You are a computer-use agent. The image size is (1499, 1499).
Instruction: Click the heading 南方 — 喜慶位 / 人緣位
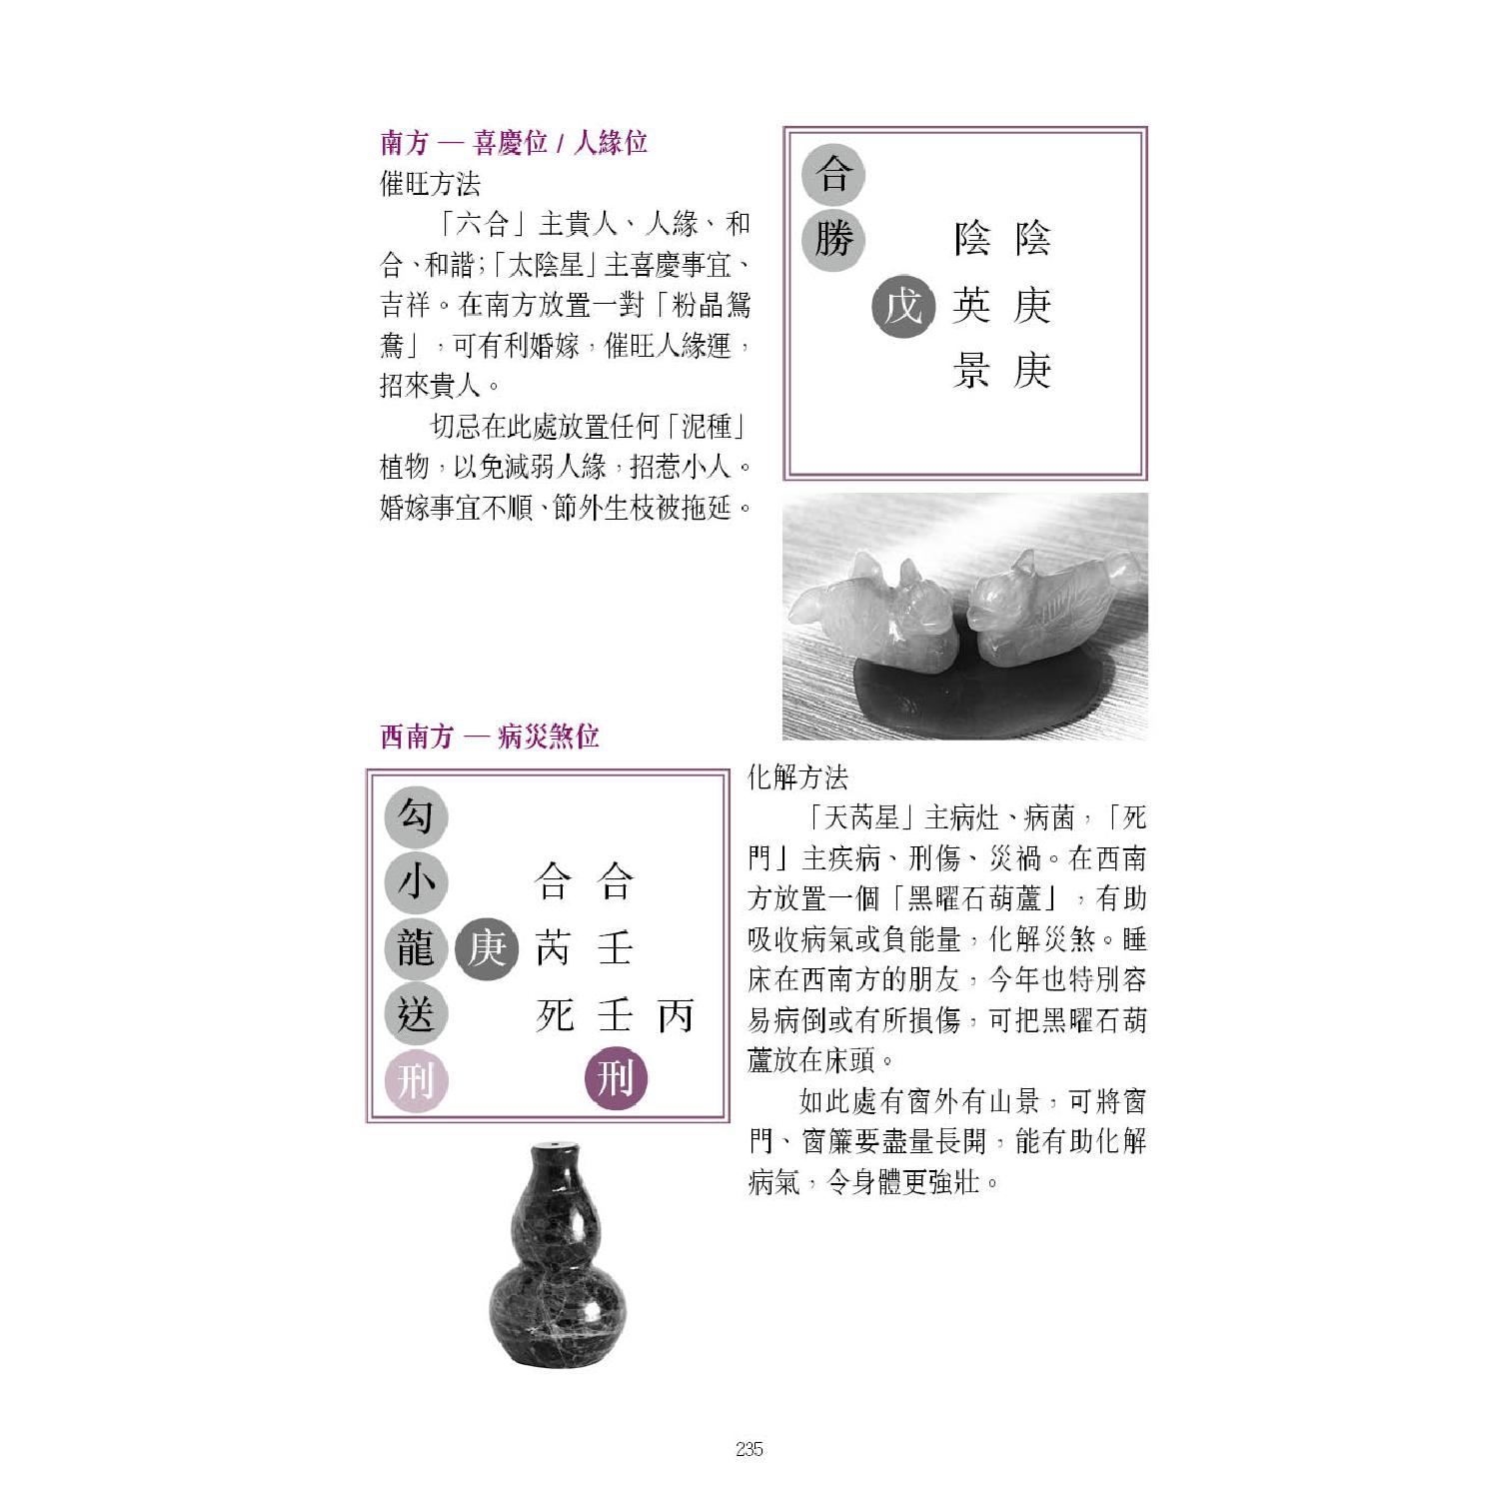coord(514,143)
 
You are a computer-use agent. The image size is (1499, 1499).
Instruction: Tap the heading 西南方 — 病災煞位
coord(490,738)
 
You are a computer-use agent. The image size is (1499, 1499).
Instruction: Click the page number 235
coord(749,1449)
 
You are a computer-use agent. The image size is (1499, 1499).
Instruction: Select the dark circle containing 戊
coord(903,306)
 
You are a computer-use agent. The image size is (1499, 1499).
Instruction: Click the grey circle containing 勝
coord(833,240)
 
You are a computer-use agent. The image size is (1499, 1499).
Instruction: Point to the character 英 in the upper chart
coord(971,306)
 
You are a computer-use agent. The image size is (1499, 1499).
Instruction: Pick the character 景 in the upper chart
coord(971,371)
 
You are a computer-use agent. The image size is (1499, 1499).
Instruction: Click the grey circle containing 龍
coord(416,948)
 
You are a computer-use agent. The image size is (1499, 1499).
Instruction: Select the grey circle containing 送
coord(416,1014)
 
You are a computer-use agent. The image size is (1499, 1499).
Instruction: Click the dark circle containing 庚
coord(487,948)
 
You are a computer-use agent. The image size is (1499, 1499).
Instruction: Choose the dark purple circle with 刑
coord(615,1079)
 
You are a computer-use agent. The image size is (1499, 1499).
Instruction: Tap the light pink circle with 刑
coord(416,1080)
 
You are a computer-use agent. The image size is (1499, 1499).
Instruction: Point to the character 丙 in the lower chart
coord(676,1014)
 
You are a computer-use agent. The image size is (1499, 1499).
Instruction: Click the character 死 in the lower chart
coord(555,1014)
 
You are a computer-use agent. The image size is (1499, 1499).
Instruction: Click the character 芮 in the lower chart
coord(555,948)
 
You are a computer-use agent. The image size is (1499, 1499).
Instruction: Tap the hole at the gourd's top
coord(554,1144)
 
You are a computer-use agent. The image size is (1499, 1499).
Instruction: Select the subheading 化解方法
coord(798,777)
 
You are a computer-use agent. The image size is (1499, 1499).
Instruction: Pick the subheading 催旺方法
coord(431,184)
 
